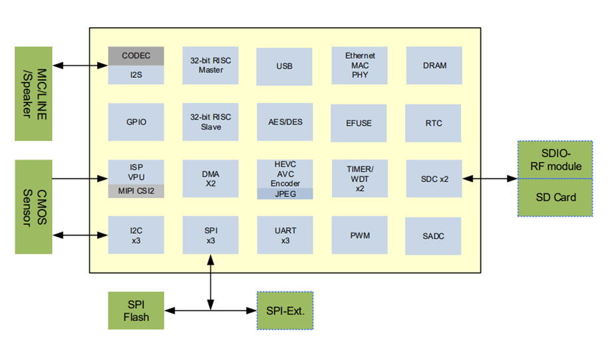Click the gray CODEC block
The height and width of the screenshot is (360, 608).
(136, 56)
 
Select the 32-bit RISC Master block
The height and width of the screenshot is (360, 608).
(210, 65)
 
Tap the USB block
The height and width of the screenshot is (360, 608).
(284, 66)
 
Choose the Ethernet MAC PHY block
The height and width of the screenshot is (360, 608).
(360, 65)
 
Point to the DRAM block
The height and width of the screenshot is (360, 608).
(434, 65)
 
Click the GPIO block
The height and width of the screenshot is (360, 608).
(136, 122)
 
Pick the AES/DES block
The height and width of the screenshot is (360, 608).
(284, 122)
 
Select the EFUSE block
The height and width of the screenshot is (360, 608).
(359, 123)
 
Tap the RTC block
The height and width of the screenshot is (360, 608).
(434, 123)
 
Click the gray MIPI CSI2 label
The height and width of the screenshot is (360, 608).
(136, 192)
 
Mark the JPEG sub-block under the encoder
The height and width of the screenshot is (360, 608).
(284, 194)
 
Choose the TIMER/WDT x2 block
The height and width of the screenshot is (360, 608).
(359, 179)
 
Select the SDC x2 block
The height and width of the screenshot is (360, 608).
(434, 179)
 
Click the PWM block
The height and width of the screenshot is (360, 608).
(359, 236)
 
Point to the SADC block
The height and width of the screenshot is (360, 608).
(434, 236)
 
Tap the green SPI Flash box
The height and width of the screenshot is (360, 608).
(136, 311)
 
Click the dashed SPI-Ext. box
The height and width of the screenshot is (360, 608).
(285, 310)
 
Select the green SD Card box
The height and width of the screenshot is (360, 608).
(555, 197)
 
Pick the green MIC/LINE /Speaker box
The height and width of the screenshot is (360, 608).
(33, 93)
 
